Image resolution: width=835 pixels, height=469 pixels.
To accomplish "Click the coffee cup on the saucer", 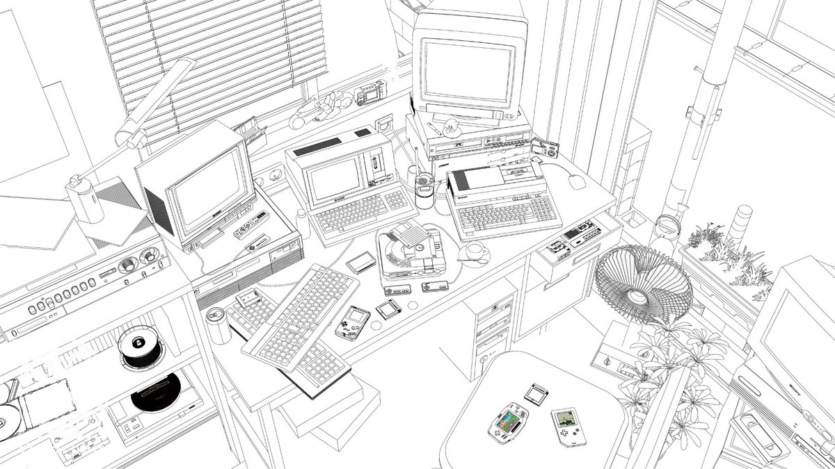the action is [475, 250].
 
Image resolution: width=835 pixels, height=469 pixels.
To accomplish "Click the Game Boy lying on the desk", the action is [352, 322].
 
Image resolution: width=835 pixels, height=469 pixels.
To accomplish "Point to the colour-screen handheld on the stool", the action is [507, 422].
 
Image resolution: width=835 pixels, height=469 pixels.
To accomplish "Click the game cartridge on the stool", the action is [534, 394].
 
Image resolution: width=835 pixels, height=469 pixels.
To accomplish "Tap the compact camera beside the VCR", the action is [546, 148].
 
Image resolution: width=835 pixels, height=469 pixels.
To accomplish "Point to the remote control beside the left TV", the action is [252, 225].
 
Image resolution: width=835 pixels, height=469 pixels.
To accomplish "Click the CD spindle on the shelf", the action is [139, 347].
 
